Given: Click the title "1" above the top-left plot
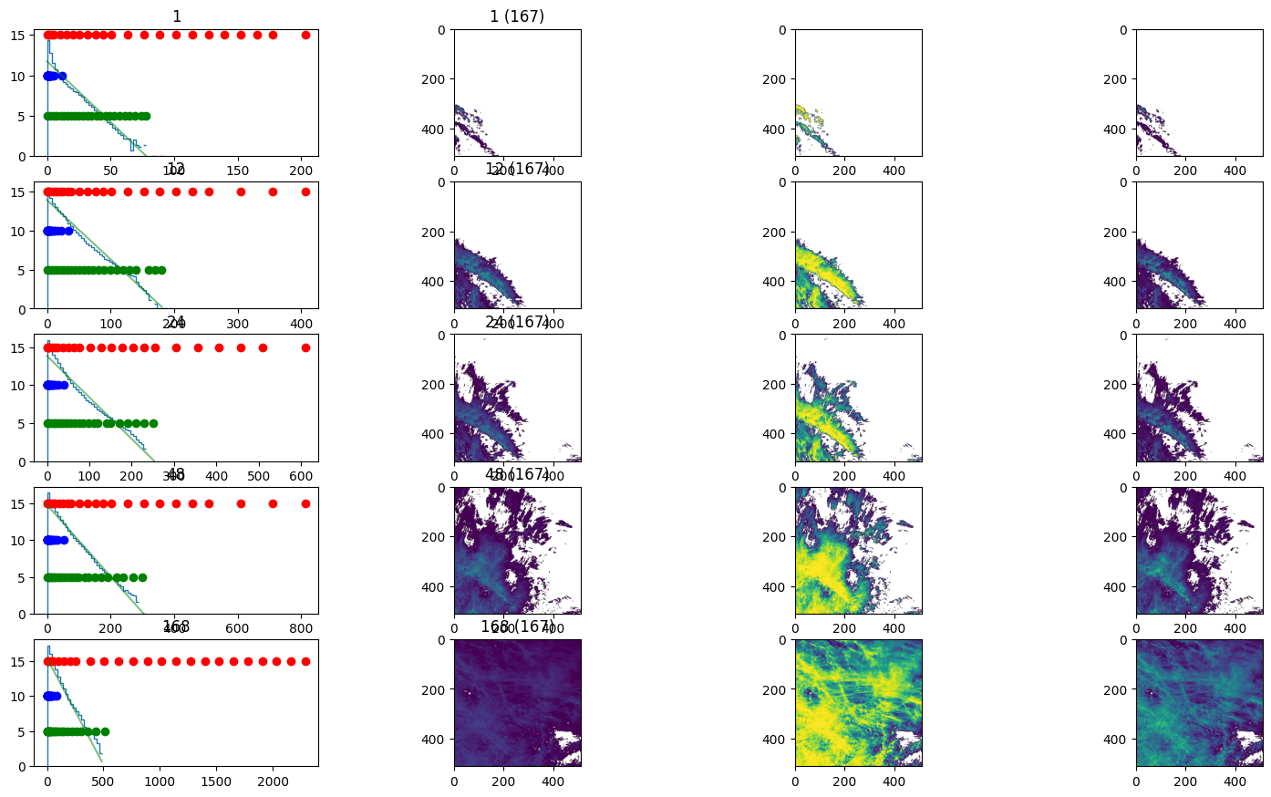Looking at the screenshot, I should pos(176,16).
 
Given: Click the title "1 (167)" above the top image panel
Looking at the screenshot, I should pos(517,16).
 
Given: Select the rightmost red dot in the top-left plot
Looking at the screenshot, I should pos(305,35).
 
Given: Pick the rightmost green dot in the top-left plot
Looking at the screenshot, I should pos(146,116).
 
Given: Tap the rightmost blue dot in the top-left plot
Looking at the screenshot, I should pos(62,76).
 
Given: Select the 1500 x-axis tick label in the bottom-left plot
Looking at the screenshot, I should pos(216,781).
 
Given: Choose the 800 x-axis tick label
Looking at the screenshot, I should pos(301,629).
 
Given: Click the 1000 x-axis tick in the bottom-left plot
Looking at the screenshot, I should pos(160,781).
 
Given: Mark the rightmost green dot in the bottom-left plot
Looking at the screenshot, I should pos(105,731).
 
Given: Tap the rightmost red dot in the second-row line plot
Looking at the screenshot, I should pos(305,191).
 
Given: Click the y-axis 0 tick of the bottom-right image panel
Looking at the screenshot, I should pos(1125,640).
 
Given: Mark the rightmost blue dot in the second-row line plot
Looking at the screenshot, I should pos(68,231).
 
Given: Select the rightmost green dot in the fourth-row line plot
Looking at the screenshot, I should pos(142,577).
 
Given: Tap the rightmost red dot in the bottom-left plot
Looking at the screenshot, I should pos(305,661).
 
